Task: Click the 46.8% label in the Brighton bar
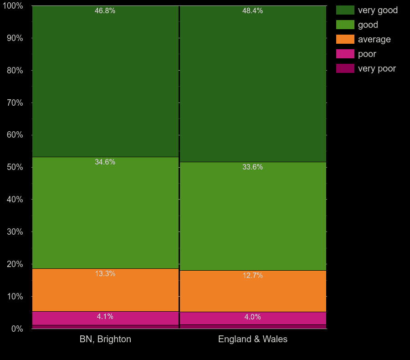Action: coord(105,11)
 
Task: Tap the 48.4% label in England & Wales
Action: coord(252,11)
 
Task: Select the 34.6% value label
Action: coord(105,162)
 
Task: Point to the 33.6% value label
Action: coord(252,167)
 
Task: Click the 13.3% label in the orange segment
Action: coord(105,274)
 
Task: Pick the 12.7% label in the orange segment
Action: coord(252,276)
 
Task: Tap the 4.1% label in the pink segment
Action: coord(105,317)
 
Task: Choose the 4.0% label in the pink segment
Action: coord(252,317)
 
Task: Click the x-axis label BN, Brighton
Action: coord(105,339)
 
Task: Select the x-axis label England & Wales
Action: coord(253,339)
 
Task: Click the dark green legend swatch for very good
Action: coord(345,10)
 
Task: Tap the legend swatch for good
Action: coord(345,25)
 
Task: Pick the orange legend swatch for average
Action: coord(345,39)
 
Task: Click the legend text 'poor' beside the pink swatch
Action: coord(367,54)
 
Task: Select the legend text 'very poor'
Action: coord(377,69)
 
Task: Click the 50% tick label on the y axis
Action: coord(15,167)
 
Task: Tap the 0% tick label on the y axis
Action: coord(17,329)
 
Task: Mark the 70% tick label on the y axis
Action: coord(15,103)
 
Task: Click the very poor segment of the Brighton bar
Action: coord(105,327)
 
